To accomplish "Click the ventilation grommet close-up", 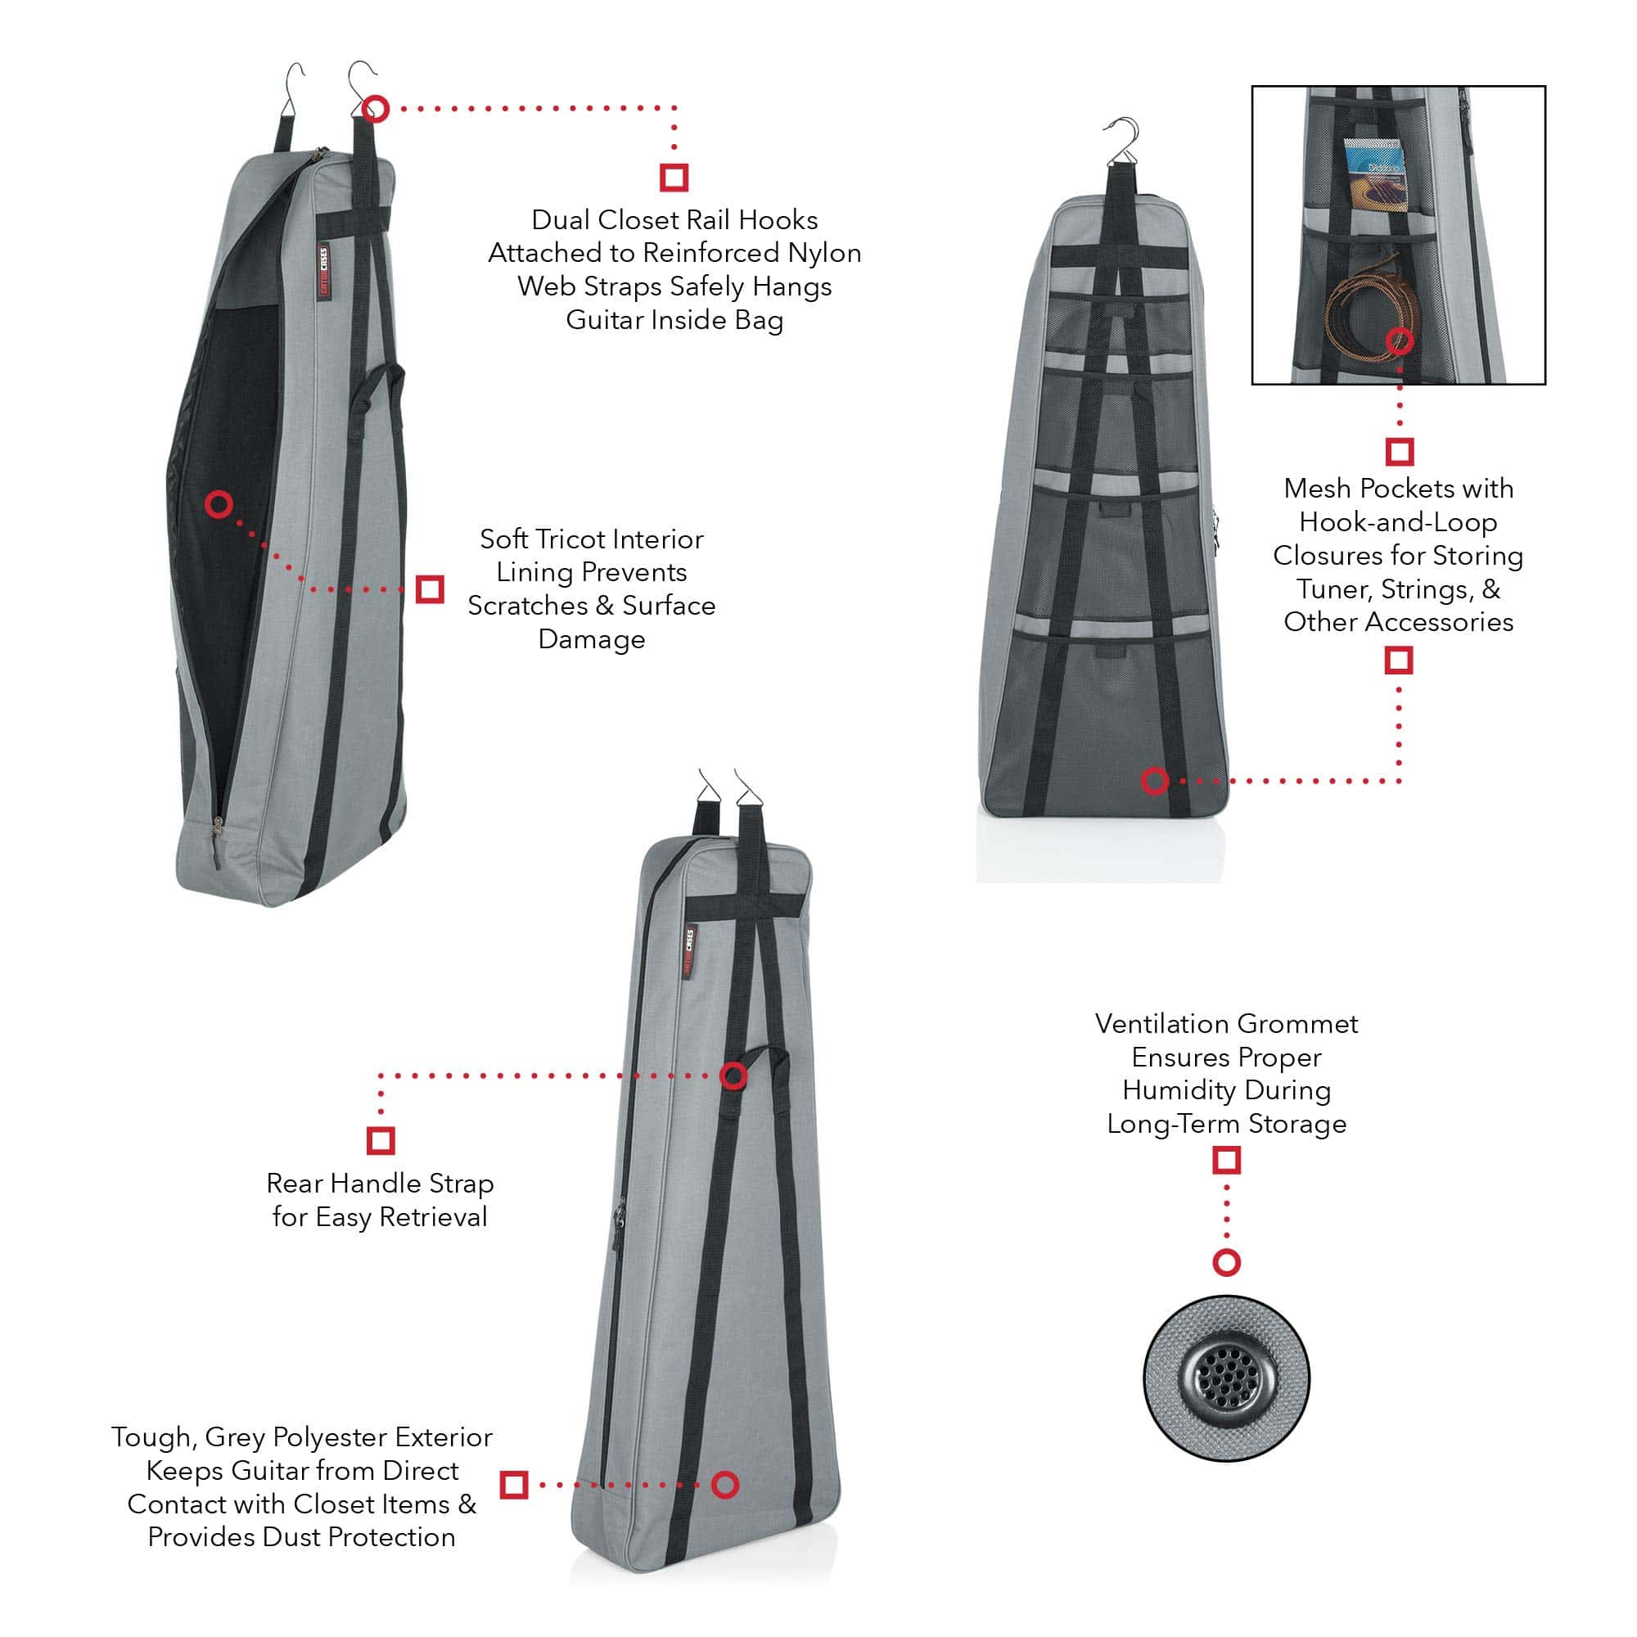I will tap(1226, 1378).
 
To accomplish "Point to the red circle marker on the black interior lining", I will tap(219, 505).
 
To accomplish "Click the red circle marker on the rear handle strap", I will tap(733, 1076).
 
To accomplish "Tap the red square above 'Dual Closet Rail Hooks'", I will tap(674, 177).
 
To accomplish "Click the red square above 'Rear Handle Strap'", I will tap(381, 1140).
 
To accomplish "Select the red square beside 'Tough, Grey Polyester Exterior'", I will tap(514, 1485).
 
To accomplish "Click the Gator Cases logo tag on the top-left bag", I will tap(322, 271).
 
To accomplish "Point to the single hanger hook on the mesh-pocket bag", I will tap(1124, 140).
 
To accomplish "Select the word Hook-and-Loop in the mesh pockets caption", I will tap(1398, 522).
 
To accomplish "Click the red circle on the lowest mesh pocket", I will tap(1155, 780).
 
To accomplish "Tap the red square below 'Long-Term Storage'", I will tap(1226, 1160).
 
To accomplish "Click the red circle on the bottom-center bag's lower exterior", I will tap(725, 1485).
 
